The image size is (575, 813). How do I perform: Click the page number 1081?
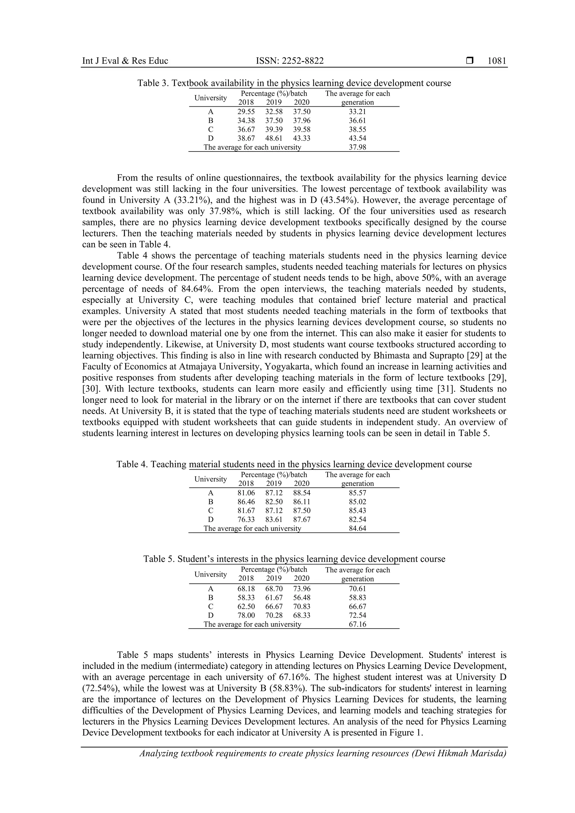click(x=497, y=61)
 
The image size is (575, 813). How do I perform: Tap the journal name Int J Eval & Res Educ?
click(x=125, y=61)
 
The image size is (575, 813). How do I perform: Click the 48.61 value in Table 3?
click(x=274, y=138)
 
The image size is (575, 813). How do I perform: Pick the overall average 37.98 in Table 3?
click(x=357, y=147)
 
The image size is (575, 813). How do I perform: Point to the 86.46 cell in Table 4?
click(x=246, y=502)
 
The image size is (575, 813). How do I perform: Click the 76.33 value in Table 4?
click(x=246, y=520)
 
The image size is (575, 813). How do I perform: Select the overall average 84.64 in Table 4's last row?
click(x=357, y=529)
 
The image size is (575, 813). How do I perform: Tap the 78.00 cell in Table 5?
click(x=246, y=615)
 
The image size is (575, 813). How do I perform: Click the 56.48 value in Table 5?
click(x=302, y=598)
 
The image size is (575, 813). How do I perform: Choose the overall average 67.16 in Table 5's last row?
click(x=357, y=624)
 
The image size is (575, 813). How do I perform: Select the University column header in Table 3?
click(x=211, y=98)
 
